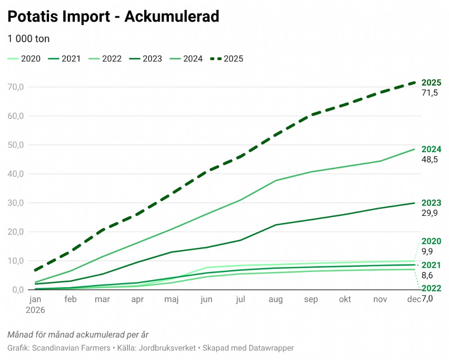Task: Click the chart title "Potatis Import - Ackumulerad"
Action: tap(113, 17)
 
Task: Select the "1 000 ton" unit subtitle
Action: tap(28, 39)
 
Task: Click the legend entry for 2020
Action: tap(25, 58)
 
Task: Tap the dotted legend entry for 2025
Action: tap(227, 58)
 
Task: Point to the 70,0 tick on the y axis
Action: tap(16, 87)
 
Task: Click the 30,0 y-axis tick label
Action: tap(16, 203)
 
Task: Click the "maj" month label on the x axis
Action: tap(172, 299)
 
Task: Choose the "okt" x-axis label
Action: tap(345, 299)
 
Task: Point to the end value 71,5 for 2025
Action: tap(429, 93)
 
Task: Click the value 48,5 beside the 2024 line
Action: tap(429, 159)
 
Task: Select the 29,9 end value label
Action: tap(429, 213)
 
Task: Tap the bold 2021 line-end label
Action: tap(431, 265)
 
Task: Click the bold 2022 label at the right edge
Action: tap(431, 289)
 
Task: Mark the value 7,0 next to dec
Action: tap(427, 299)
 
